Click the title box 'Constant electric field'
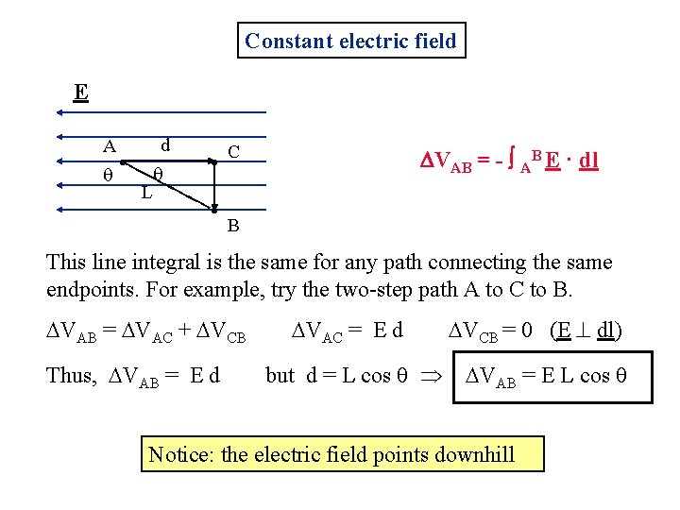(350, 41)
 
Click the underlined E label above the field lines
(81, 93)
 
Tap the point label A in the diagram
(110, 146)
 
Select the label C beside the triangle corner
(233, 151)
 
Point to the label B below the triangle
(232, 226)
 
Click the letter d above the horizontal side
(165, 144)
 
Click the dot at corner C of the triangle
(214, 163)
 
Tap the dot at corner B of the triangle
(214, 208)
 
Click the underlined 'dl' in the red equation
(587, 161)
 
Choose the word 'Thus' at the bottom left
(70, 375)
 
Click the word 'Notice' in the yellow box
(180, 455)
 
